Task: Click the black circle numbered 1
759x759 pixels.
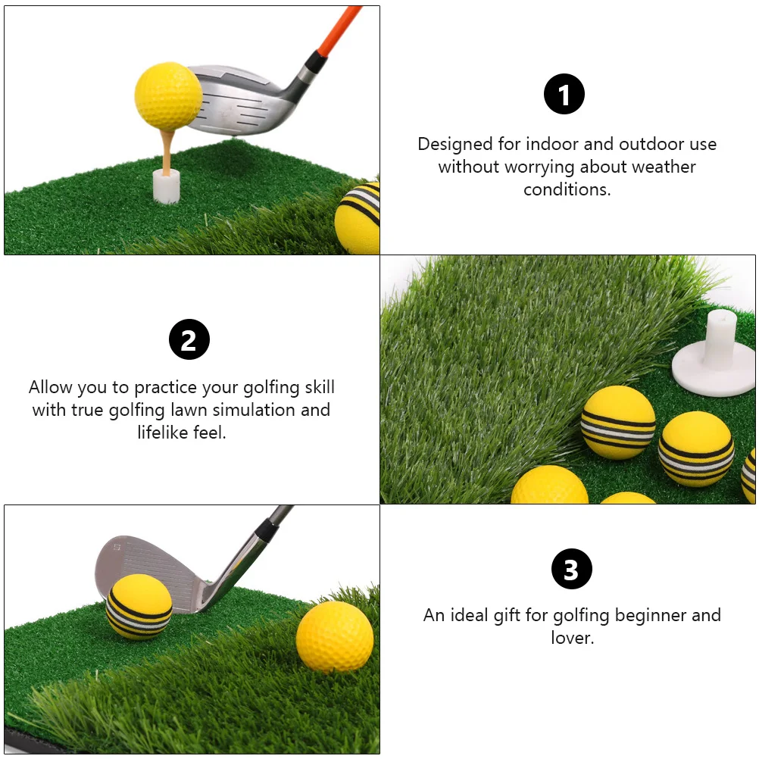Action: [x=564, y=95]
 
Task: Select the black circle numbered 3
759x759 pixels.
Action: [x=571, y=570]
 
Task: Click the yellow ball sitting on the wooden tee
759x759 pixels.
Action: [x=168, y=95]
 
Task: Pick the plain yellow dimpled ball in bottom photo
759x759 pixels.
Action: [x=335, y=636]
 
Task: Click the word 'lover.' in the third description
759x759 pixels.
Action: [x=572, y=638]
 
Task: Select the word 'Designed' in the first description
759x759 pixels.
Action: [x=454, y=144]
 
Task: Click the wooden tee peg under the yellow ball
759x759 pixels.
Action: [x=166, y=148]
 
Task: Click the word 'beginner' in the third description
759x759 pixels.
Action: [x=647, y=615]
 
